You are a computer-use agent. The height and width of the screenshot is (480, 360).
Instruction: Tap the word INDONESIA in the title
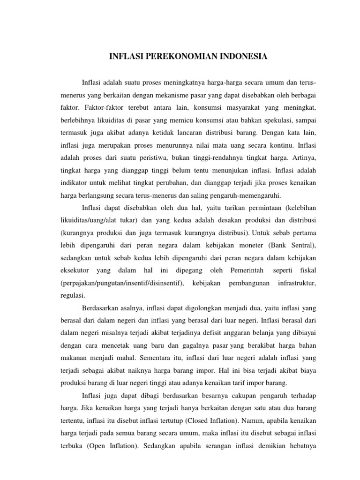click(240, 57)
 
